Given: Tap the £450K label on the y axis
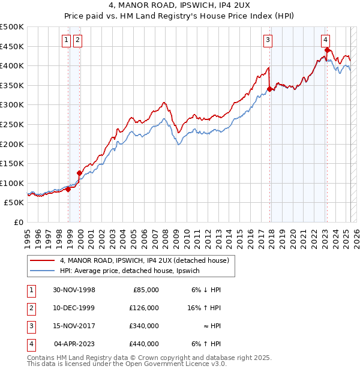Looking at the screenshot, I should (12, 46).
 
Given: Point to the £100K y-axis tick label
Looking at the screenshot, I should (12, 183).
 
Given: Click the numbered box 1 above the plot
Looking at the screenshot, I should (66, 40).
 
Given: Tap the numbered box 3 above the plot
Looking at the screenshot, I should (268, 40).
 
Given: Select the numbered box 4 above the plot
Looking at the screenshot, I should (325, 40).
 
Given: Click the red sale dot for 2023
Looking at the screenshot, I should (327, 49).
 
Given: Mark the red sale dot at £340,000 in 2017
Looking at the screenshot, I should (270, 89).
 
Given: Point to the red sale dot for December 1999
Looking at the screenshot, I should (79, 173).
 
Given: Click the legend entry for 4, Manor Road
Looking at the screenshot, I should (144, 261).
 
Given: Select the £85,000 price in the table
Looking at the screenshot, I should (145, 290).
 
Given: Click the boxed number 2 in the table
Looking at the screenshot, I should (29, 308).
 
